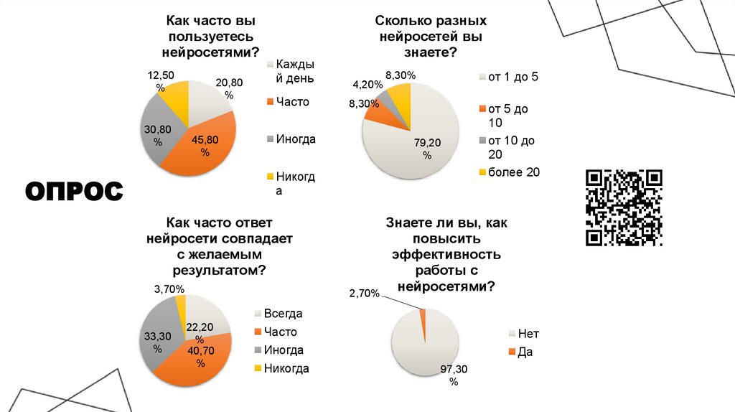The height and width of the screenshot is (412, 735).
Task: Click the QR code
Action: point(624,207)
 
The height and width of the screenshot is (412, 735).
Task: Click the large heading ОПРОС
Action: point(75,192)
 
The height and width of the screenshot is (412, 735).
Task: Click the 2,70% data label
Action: point(364,293)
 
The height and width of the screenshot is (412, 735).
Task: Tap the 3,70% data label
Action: point(169,289)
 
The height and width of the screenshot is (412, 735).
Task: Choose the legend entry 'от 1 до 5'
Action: point(512,77)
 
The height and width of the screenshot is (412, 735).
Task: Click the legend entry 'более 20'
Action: point(513,172)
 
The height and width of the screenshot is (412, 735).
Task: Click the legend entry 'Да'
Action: point(525,352)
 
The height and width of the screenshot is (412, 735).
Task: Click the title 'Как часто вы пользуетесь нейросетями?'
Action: point(210,37)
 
